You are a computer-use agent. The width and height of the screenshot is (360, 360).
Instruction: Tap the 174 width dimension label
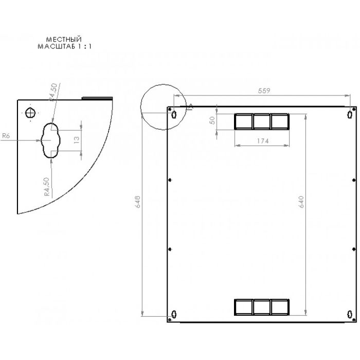(261, 141)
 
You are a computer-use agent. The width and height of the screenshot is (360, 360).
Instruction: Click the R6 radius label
(6, 136)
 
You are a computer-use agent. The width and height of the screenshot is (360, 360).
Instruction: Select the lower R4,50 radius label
(47, 187)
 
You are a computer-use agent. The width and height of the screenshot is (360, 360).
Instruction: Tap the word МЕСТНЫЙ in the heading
(64, 39)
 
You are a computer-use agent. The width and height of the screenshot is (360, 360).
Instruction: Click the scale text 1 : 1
(82, 46)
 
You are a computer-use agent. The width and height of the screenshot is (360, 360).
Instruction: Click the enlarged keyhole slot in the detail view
(50, 140)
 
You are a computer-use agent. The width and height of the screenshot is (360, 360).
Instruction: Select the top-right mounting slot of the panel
(350, 114)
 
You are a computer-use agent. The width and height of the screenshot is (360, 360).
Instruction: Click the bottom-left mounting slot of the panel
(174, 315)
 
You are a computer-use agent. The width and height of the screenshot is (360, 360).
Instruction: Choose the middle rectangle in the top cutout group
(261, 121)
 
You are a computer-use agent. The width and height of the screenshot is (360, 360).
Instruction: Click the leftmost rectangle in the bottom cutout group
(243, 307)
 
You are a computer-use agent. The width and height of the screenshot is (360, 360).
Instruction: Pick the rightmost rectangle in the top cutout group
(279, 121)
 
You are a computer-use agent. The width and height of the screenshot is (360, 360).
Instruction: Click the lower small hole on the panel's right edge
(354, 248)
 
